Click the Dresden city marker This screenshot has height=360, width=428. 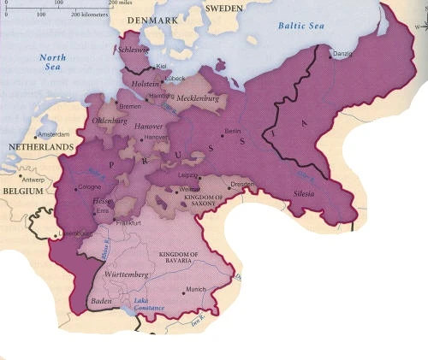click(229, 185)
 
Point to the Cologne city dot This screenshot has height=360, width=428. click(74, 187)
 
